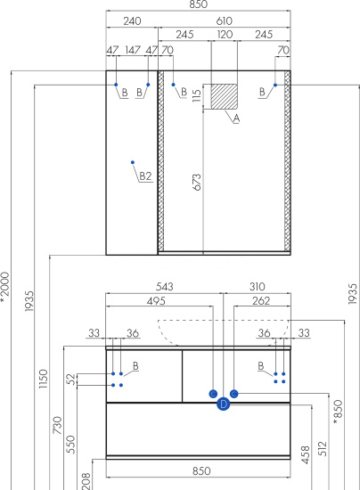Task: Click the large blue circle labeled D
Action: tap(223, 404)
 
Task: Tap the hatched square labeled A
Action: tap(224, 96)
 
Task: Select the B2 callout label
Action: tap(145, 176)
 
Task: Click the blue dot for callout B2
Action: tap(133, 162)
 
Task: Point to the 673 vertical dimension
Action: tap(197, 182)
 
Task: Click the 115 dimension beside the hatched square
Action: tap(197, 95)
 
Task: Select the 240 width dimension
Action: tap(132, 21)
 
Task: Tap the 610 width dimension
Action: tap(224, 21)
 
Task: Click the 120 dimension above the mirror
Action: tap(225, 35)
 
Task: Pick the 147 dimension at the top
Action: tap(133, 50)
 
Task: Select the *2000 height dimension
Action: tap(5, 288)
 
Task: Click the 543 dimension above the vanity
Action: tap(164, 287)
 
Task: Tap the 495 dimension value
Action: tap(156, 301)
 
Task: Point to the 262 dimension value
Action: tap(261, 301)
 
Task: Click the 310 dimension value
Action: tap(258, 287)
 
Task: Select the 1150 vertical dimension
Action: tap(44, 379)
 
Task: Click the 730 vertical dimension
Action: tap(58, 425)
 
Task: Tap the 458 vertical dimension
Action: tap(306, 454)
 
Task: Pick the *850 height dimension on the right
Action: tap(339, 412)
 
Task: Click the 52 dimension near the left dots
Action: tap(72, 380)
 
